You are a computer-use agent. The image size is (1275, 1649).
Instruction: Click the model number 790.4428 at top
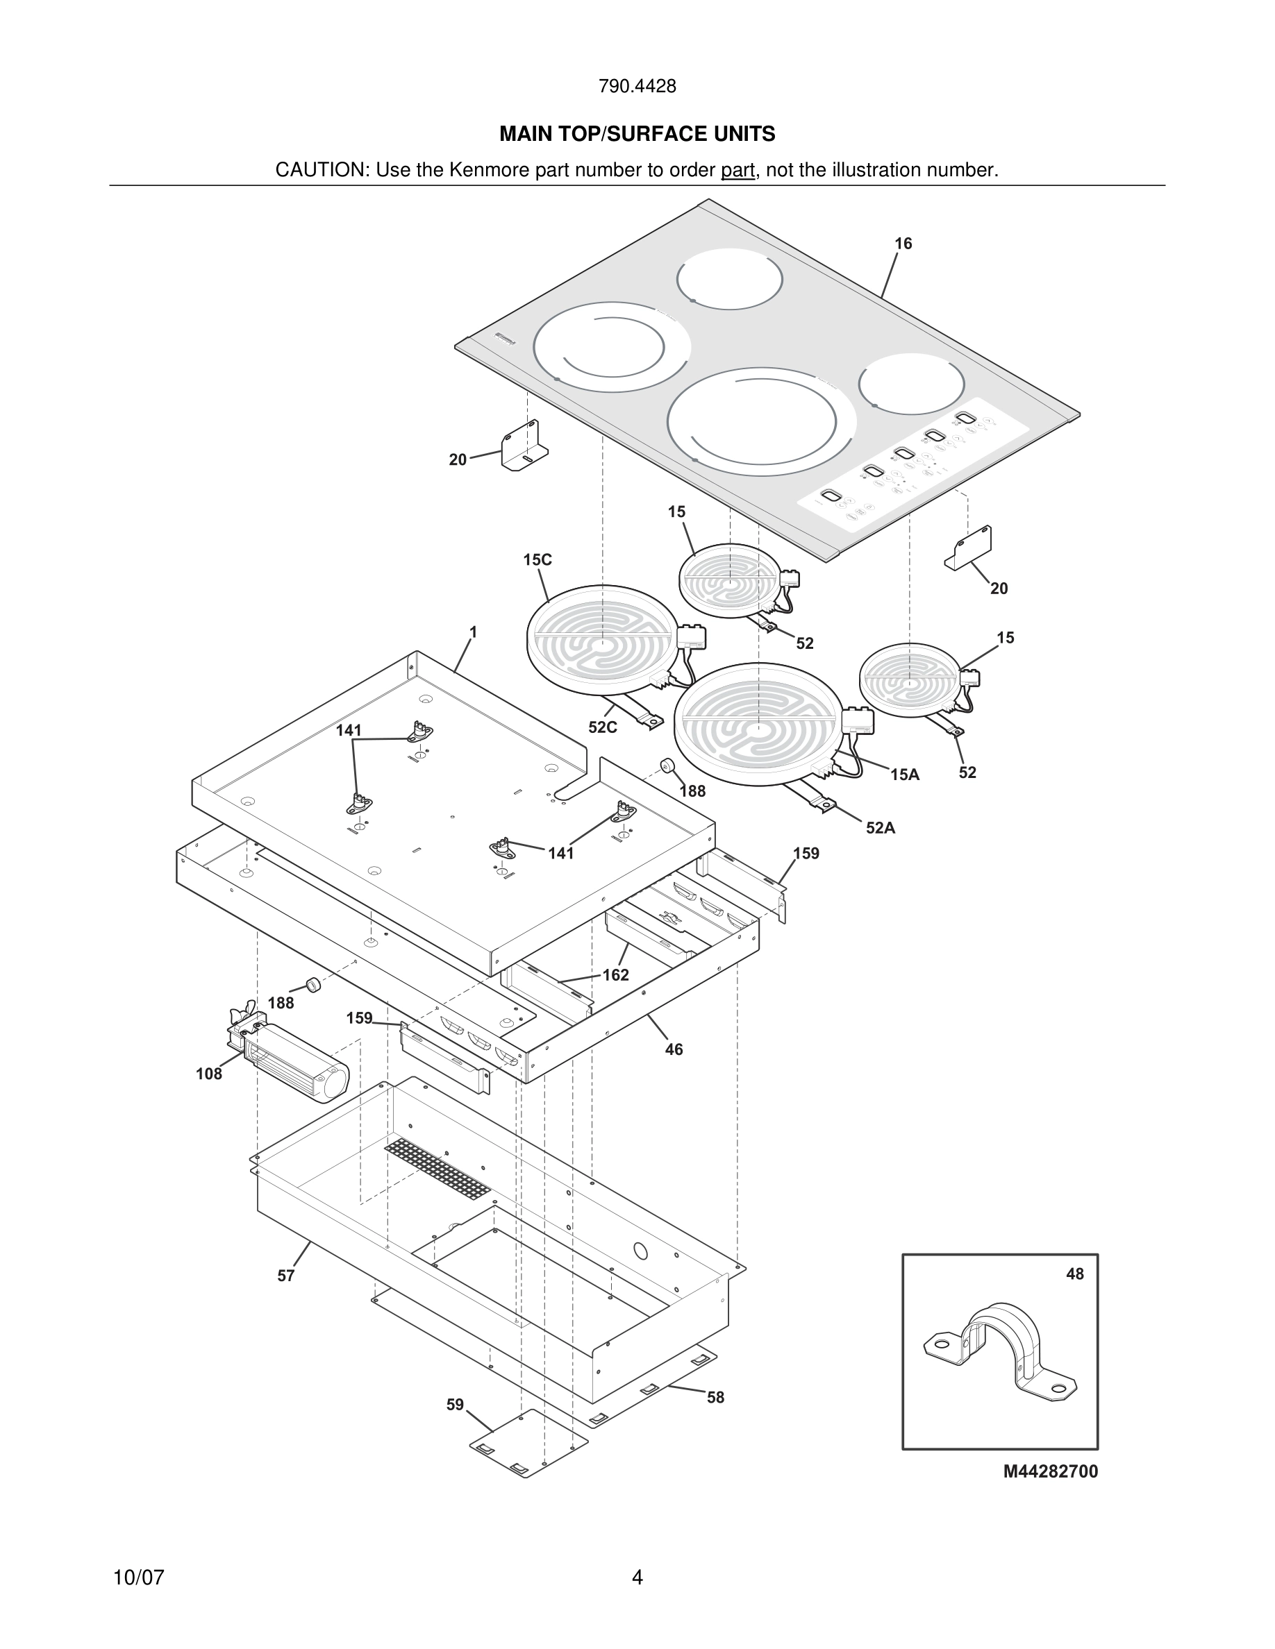[x=637, y=86]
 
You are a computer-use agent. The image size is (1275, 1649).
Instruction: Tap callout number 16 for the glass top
[x=903, y=243]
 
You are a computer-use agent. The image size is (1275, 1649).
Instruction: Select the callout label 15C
[x=537, y=559]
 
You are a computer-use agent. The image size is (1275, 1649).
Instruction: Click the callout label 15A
[x=904, y=774]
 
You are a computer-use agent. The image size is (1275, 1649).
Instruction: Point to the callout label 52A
[x=880, y=827]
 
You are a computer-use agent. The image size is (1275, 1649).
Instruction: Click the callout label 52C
[x=602, y=727]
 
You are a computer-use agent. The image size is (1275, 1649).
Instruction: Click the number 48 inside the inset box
[x=1074, y=1274]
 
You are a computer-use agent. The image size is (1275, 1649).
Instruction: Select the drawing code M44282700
[x=1050, y=1471]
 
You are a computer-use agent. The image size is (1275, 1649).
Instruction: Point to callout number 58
[x=715, y=1397]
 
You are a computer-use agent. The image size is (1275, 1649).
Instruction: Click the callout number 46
[x=674, y=1049]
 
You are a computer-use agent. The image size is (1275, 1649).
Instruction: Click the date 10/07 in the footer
[x=138, y=1578]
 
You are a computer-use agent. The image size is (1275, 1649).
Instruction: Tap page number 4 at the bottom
[x=637, y=1578]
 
